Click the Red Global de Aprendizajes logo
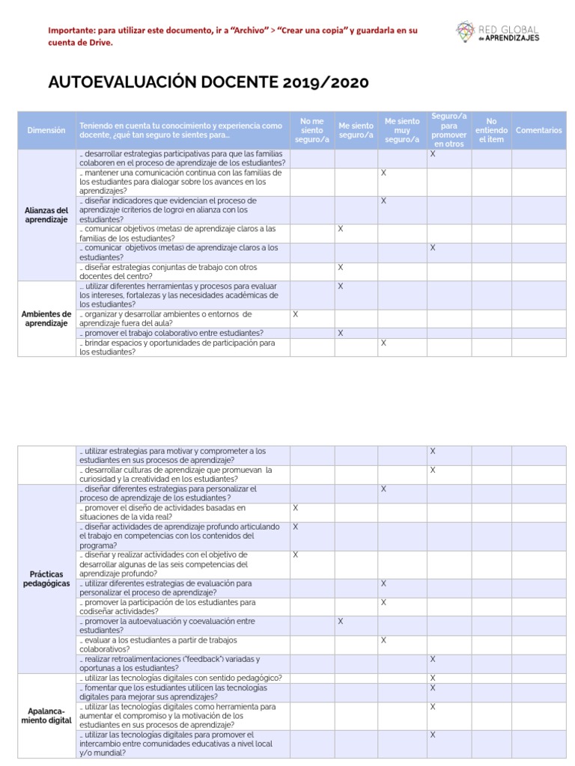click(x=497, y=31)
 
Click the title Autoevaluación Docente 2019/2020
click(x=209, y=82)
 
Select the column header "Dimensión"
click(x=46, y=130)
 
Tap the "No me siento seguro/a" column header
click(x=311, y=130)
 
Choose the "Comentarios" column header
click(x=539, y=130)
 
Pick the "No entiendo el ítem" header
click(x=491, y=130)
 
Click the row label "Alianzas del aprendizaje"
click(x=46, y=215)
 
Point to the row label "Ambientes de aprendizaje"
click(x=46, y=318)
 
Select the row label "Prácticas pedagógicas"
click(x=46, y=578)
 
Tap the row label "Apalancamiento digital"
click(x=46, y=715)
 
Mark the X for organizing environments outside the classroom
click(x=295, y=314)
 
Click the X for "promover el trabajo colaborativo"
click(x=340, y=333)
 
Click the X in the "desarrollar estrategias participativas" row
click(x=432, y=153)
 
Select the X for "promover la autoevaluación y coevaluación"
click(x=340, y=621)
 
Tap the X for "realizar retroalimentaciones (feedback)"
click(x=432, y=659)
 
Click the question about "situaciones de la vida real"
click(x=180, y=512)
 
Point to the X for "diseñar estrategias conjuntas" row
click(x=340, y=267)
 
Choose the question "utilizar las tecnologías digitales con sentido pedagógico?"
click(x=180, y=678)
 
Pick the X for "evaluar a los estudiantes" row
click(x=383, y=640)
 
